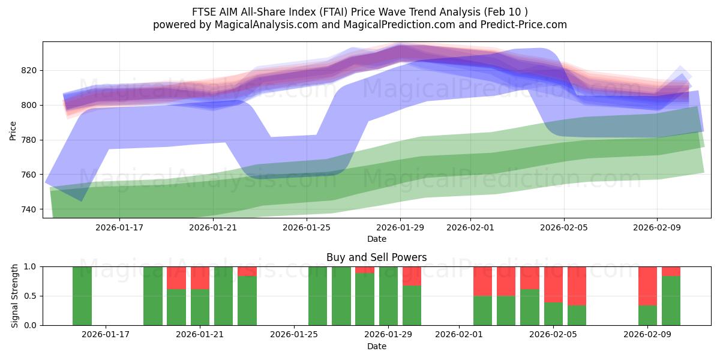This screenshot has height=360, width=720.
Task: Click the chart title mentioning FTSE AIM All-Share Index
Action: [360, 12]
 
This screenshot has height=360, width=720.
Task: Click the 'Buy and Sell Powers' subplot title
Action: [376, 257]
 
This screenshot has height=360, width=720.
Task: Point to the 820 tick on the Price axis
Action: [29, 70]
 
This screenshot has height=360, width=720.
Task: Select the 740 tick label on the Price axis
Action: [29, 209]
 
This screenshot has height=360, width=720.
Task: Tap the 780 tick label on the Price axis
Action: [29, 140]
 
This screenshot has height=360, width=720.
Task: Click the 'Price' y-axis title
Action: [13, 130]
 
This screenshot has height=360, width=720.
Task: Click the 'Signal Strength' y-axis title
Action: [15, 296]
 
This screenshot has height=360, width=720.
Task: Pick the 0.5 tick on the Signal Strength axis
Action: [29, 296]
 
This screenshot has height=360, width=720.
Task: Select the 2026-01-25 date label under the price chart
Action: [307, 227]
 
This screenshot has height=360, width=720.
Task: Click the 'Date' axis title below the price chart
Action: [376, 239]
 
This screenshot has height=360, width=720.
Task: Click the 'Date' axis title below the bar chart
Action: [376, 346]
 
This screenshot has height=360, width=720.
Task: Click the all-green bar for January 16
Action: [82, 296]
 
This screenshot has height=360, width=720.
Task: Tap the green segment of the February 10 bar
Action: [671, 301]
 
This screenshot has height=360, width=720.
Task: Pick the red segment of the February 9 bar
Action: [647, 286]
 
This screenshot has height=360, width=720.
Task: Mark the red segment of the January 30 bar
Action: [412, 276]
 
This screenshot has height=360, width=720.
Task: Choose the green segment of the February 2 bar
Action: [482, 310]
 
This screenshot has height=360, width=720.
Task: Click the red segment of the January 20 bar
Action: [176, 278]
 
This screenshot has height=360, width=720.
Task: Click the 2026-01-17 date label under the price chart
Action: [119, 227]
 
